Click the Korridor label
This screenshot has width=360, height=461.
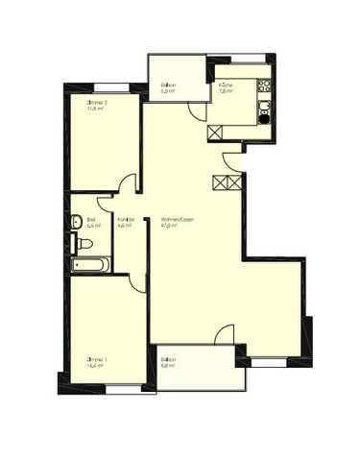coord(126,219)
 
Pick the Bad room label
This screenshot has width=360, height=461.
coord(90,219)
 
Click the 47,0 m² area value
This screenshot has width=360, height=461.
coord(170,226)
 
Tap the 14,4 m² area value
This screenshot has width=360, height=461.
coord(97,366)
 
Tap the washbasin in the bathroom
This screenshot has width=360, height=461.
coord(77,222)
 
